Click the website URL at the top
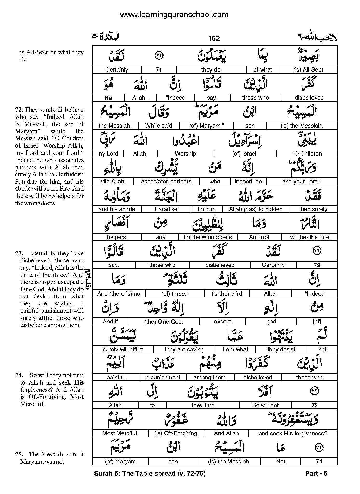tap(174, 15)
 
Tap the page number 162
tap(214, 38)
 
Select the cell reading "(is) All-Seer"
tap(308, 70)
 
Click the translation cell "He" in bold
tap(108, 98)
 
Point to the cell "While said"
tap(159, 126)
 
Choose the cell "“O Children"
tap(307, 154)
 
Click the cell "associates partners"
tap(166, 182)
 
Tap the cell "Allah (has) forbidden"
tap(256, 209)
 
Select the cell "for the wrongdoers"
tap(208, 237)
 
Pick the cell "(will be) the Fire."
tap(309, 237)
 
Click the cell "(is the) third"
tap(227, 294)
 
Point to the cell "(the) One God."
tap(164, 322)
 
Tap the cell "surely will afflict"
tap(123, 350)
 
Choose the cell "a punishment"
tap(163, 378)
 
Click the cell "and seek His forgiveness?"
tap(293, 433)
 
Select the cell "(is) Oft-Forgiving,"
tap(176, 433)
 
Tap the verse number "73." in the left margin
tap(19, 253)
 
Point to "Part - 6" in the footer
tap(316, 474)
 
